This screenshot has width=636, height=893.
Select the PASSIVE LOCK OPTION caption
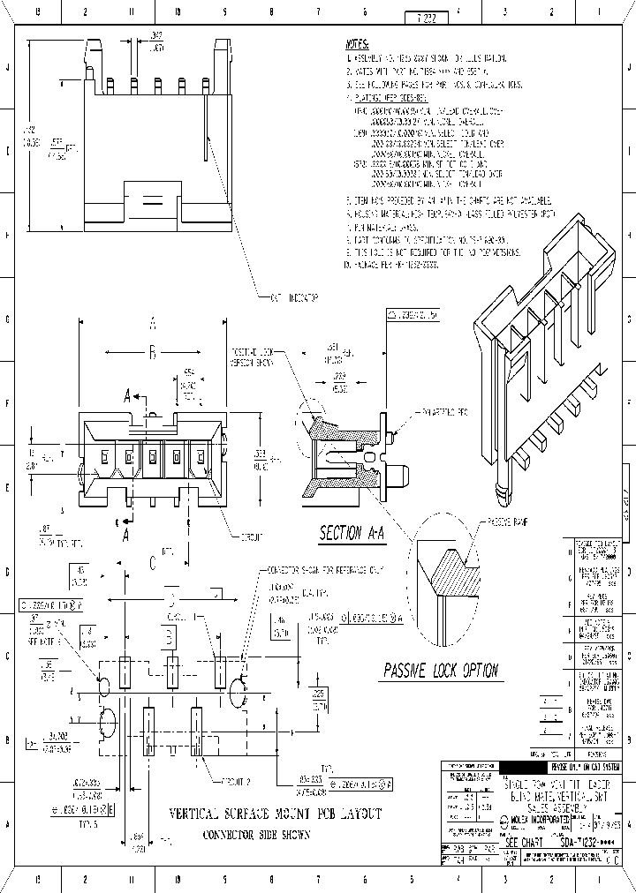point(441,671)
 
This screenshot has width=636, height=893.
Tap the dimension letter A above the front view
point(152,323)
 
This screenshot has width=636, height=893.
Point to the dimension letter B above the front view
point(152,353)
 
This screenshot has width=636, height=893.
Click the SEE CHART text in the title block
point(528,843)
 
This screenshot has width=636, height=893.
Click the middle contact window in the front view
point(152,457)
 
